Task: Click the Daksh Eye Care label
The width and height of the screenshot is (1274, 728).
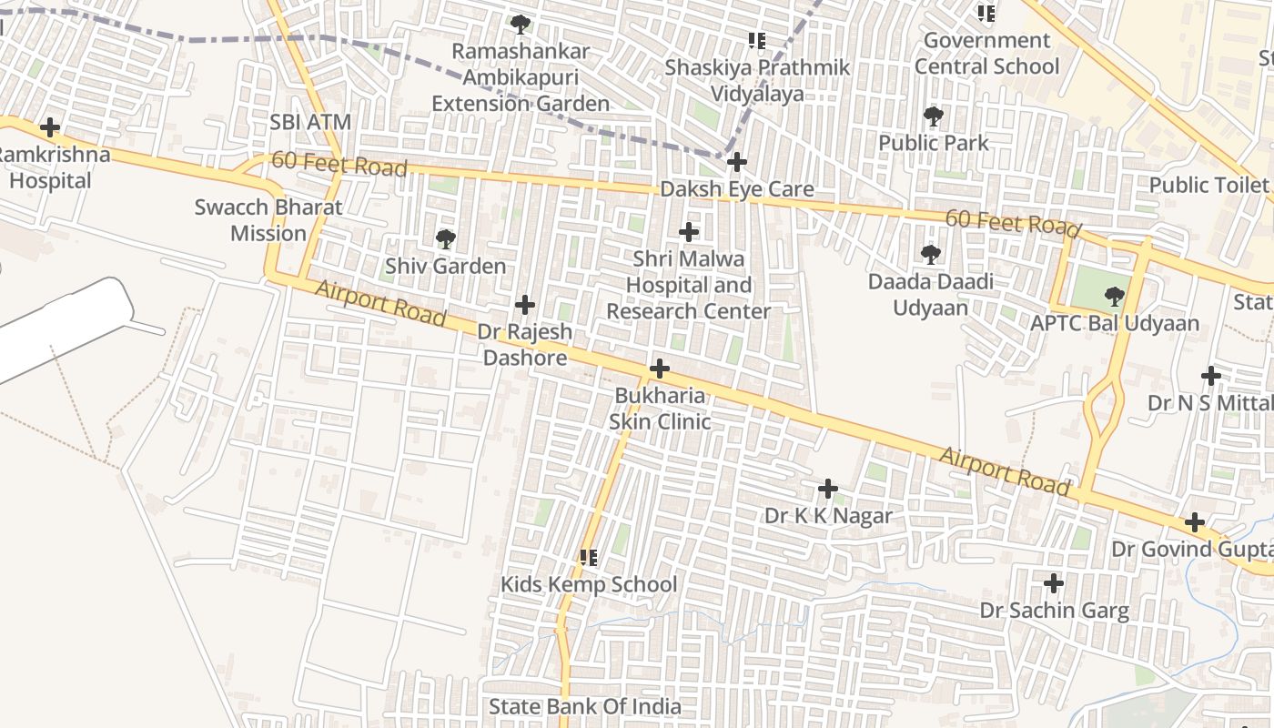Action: (736, 189)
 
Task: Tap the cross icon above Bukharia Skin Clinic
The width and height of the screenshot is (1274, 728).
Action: (660, 369)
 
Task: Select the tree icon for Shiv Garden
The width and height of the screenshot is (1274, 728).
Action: (445, 239)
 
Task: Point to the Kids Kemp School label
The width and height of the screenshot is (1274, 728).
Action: (589, 584)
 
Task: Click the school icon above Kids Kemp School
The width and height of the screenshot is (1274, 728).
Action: (589, 557)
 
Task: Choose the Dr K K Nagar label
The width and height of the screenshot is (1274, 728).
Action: (828, 516)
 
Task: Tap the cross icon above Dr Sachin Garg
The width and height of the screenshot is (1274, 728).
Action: (1054, 583)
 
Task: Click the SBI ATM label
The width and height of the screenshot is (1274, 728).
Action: (310, 122)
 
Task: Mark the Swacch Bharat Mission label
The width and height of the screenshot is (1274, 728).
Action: (268, 220)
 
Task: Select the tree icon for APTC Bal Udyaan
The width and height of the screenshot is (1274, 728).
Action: (1114, 296)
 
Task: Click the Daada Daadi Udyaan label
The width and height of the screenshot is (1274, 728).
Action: (930, 294)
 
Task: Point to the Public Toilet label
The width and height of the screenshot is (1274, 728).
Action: (1208, 185)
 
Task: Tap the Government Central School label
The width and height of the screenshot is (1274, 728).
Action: (986, 53)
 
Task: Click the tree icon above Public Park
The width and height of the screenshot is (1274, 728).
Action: (933, 116)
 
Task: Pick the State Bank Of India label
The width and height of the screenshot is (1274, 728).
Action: (584, 706)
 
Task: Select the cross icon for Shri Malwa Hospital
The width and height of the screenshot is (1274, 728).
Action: (689, 232)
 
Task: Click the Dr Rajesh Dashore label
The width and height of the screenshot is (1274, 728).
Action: (525, 344)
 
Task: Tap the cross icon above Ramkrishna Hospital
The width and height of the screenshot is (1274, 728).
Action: (50, 127)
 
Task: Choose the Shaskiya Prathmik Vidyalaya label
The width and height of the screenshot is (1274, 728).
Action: (757, 80)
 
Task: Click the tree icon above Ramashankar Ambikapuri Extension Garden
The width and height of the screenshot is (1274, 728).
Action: (520, 25)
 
